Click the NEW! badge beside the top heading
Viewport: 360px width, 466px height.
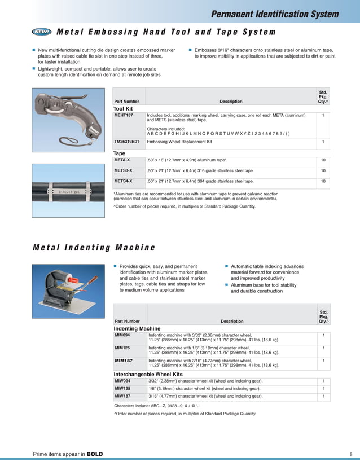[x=42, y=32]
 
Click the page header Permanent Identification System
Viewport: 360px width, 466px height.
[x=275, y=14]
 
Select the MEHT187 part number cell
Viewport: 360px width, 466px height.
[x=124, y=115]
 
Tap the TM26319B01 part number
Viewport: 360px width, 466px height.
[x=126, y=142]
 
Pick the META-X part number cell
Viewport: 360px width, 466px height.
[x=123, y=160]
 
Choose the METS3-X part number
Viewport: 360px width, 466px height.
[x=124, y=170]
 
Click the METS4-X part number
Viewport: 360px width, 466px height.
[x=124, y=181]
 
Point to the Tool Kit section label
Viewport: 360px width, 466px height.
[x=123, y=108]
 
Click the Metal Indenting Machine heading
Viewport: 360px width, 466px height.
[x=94, y=248]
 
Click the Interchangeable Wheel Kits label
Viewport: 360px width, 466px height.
[x=148, y=374]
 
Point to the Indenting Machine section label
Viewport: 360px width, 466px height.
[x=137, y=328]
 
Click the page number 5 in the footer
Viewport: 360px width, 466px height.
[x=350, y=454]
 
